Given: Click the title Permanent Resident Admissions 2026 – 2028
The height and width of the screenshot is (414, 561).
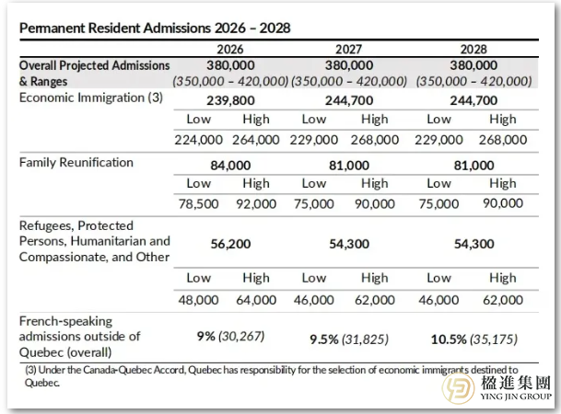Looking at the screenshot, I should [x=155, y=28].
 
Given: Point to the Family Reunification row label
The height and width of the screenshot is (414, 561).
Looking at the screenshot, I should [x=76, y=163].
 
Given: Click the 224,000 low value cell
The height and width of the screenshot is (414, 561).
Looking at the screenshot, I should [x=199, y=140].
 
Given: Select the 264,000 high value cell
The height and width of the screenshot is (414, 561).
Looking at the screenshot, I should [x=256, y=140].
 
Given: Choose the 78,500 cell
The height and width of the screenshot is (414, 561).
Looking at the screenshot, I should [x=199, y=203].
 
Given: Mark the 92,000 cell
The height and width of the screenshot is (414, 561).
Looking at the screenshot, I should [x=256, y=203].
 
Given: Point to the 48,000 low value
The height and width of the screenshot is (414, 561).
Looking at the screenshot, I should [x=199, y=299].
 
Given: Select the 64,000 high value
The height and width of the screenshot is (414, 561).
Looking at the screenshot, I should [x=256, y=299].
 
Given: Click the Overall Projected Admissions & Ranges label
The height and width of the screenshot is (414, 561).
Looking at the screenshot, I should [x=94, y=74].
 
